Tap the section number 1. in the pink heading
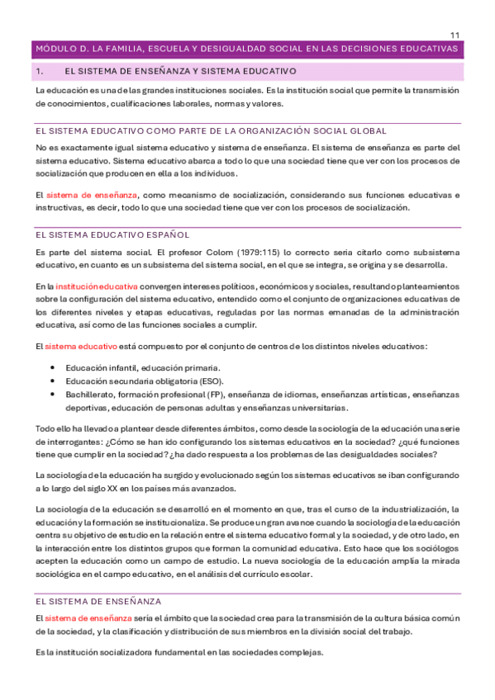(x=39, y=73)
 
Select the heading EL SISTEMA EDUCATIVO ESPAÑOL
(x=112, y=234)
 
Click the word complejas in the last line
(x=300, y=652)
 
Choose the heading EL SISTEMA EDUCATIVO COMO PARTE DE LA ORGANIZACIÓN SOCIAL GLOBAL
(x=211, y=131)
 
